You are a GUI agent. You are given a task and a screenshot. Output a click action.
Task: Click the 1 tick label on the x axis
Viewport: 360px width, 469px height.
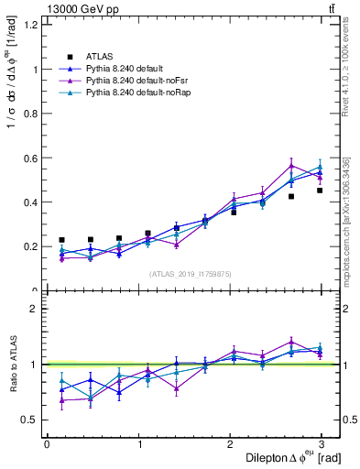(140, 444)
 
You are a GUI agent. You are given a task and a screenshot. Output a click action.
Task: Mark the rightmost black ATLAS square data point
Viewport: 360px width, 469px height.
(320, 191)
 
